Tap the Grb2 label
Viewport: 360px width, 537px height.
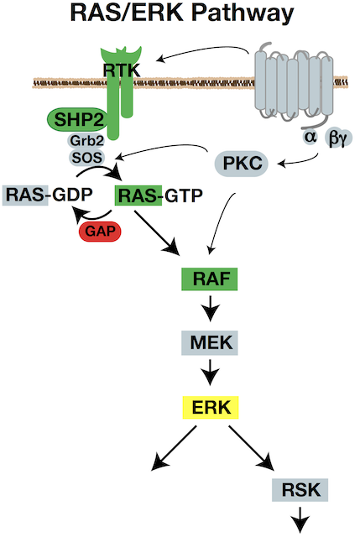(x=86, y=140)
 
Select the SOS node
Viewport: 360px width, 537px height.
(x=87, y=157)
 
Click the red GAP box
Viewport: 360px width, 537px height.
(x=100, y=232)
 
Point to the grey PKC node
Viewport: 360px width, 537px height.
(x=242, y=164)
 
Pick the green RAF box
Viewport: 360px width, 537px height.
(x=210, y=279)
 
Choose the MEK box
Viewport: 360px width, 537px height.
(x=210, y=342)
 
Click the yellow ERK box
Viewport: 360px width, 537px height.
(x=211, y=407)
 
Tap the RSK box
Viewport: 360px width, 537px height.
(x=300, y=490)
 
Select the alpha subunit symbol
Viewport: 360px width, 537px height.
(x=310, y=137)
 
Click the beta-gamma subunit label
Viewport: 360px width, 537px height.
(x=338, y=138)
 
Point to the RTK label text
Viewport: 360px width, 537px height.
(x=122, y=70)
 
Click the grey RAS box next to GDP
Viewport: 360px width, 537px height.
(x=25, y=196)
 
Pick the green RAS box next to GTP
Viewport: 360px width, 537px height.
(x=138, y=196)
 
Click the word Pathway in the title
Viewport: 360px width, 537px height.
(x=243, y=13)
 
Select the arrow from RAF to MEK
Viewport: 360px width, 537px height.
(x=210, y=308)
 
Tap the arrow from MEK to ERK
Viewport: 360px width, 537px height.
(x=210, y=372)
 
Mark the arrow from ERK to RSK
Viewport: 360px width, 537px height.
(x=251, y=447)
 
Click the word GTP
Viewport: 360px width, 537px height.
(x=184, y=196)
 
